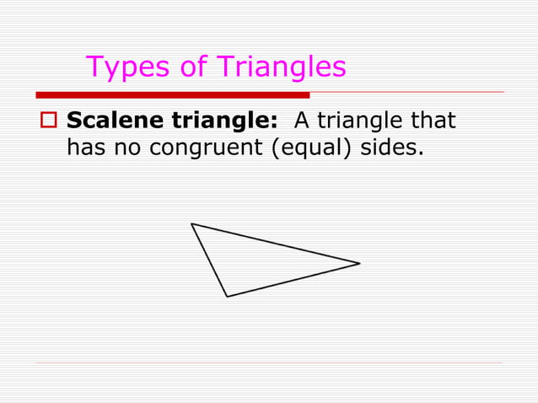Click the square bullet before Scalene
click(x=47, y=121)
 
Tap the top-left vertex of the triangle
click(x=192, y=224)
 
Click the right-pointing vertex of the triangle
click(x=359, y=263)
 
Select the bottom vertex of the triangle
click(x=227, y=296)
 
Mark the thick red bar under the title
click(x=173, y=95)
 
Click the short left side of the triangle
click(x=209, y=260)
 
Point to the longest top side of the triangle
click(x=276, y=244)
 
